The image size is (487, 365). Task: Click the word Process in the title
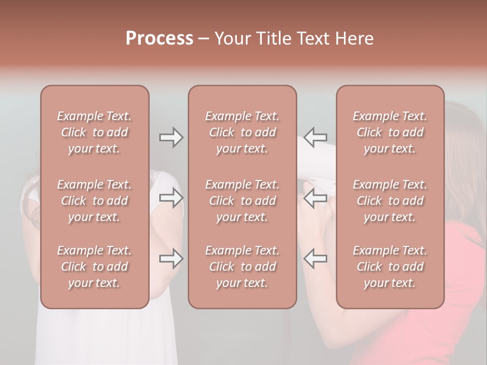(159, 39)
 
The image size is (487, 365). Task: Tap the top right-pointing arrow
(171, 137)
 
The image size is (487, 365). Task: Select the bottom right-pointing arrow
(171, 259)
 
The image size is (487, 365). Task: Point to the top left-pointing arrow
(315, 137)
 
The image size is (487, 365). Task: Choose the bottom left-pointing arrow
(315, 259)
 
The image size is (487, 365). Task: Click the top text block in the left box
(94, 132)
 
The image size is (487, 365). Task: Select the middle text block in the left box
(94, 201)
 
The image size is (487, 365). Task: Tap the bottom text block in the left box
(94, 267)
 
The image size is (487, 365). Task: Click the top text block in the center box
(242, 132)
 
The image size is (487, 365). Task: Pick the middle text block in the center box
(242, 201)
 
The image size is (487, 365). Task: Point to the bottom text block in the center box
(242, 267)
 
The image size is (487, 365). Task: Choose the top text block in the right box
(390, 132)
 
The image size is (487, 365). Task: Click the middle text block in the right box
(390, 201)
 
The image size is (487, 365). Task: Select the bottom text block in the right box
(390, 267)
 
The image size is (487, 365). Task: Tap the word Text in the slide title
(313, 39)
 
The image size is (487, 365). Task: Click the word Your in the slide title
(232, 39)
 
